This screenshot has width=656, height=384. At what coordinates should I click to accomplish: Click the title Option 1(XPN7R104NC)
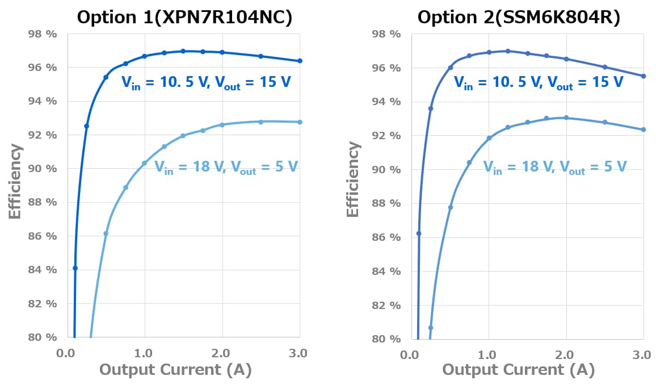[x=184, y=17]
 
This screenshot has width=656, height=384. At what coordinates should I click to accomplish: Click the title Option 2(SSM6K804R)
[x=519, y=17]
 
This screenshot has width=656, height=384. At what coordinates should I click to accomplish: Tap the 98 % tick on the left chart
[x=43, y=34]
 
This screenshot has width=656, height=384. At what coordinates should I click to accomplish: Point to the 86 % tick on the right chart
[x=386, y=237]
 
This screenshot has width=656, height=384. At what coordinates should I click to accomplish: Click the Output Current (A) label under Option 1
[x=175, y=370]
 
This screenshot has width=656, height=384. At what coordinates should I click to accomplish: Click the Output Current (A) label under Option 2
[x=518, y=370]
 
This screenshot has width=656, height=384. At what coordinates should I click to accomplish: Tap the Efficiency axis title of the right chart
[x=354, y=178]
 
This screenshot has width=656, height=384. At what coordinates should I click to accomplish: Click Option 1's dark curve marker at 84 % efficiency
[x=75, y=268]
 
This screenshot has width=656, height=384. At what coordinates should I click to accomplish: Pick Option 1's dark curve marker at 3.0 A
[x=300, y=61]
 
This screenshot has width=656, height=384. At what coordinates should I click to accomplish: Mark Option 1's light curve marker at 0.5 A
[x=106, y=233]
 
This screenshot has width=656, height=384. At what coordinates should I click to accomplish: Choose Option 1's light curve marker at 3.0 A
[x=300, y=122]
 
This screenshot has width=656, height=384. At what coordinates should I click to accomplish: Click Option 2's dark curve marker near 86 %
[x=419, y=233]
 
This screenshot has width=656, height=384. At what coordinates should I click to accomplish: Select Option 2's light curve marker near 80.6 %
[x=430, y=328]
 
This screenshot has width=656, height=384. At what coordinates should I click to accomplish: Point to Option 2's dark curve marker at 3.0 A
[x=643, y=76]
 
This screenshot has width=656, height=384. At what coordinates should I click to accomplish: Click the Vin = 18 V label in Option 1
[x=226, y=167]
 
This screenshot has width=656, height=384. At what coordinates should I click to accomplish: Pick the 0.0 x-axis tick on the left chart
[x=67, y=353]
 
